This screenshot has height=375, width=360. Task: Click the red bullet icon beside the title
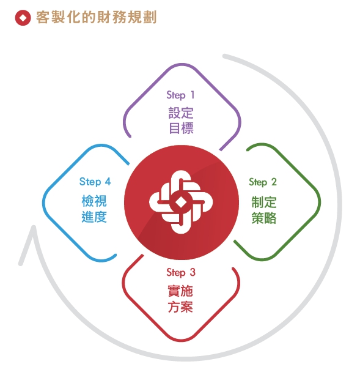(23, 18)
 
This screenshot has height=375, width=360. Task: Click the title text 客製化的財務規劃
(97, 17)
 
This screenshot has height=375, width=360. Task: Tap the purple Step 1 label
(180, 95)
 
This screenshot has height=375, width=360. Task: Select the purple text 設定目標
(181, 121)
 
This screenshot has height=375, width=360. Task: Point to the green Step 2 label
(263, 182)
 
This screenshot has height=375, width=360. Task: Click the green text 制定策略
(264, 210)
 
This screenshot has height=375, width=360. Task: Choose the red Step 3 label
(181, 272)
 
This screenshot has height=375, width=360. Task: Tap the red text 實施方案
(180, 299)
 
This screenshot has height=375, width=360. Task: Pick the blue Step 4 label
(95, 182)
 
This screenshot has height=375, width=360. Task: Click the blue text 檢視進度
(94, 209)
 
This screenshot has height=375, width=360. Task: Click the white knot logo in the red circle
(181, 202)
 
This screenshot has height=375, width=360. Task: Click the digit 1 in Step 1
(193, 94)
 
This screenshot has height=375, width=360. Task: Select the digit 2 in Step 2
(274, 182)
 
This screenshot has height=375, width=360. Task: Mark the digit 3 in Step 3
(193, 272)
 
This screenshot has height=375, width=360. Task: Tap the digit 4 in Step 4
(108, 181)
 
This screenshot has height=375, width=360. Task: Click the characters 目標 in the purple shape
(181, 128)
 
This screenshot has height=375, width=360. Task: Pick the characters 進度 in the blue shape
(94, 217)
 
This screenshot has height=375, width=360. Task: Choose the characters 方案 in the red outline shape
(180, 306)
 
